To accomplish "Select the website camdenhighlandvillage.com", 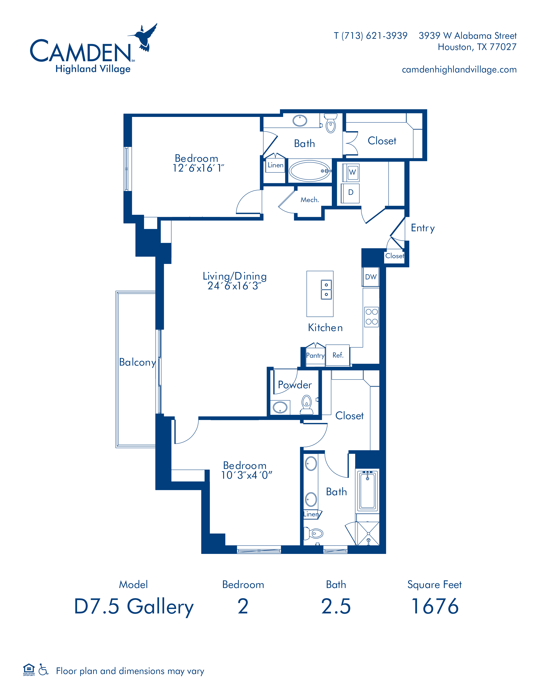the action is tap(459, 69).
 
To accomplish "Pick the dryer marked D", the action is tap(351, 193).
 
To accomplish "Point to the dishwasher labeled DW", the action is tap(371, 277).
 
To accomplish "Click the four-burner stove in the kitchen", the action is tap(371, 316).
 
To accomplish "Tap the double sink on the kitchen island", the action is tap(326, 289).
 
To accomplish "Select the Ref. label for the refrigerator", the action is tap(338, 355).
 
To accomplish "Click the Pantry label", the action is tap(316, 356).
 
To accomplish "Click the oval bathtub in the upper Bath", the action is tap(310, 171).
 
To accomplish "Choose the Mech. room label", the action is tap(310, 200).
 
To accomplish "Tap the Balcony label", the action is tap(137, 362).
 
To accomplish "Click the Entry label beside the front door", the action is tap(423, 228).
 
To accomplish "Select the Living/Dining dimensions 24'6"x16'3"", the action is tap(234, 286).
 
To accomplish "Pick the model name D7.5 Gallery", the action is tap(134, 607).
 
